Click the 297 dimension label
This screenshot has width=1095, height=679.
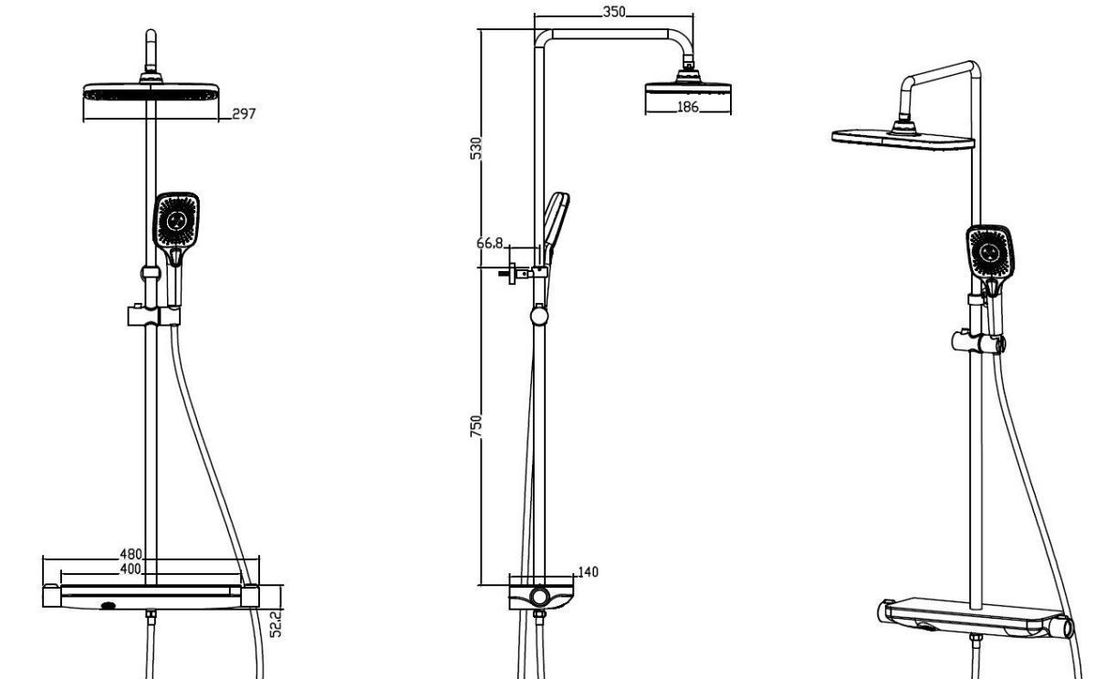[244, 114]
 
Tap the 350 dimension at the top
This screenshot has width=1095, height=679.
[614, 12]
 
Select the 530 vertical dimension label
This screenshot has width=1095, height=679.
[475, 149]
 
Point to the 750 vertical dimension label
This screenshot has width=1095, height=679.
[475, 426]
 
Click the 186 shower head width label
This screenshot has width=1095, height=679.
[688, 107]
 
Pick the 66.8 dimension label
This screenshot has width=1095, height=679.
[489, 243]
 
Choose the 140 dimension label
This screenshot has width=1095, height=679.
[588, 572]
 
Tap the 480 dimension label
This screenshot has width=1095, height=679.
[131, 554]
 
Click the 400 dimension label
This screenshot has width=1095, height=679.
[130, 569]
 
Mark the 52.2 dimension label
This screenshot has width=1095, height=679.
[276, 623]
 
